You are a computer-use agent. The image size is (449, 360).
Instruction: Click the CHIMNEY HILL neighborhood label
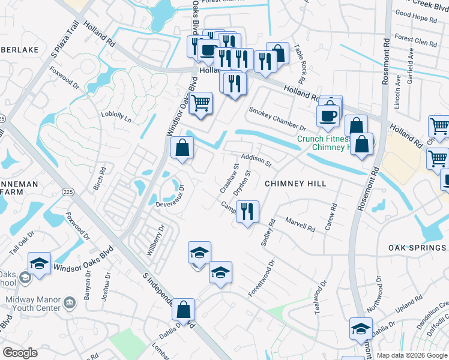295,184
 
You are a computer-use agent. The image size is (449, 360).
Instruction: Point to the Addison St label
257,159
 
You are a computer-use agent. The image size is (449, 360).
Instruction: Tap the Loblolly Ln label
116,116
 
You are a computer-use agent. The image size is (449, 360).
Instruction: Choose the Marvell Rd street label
300,224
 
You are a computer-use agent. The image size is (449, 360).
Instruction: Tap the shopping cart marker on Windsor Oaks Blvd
201,103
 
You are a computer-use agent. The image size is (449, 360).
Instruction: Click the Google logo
20,353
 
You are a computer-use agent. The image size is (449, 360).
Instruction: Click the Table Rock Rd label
299,66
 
